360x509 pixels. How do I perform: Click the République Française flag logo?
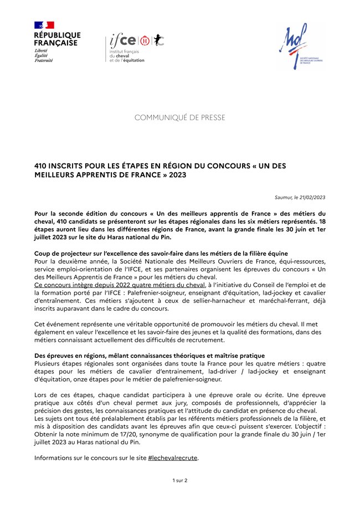tap(44, 25)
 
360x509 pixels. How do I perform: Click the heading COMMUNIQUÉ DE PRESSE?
tap(180, 117)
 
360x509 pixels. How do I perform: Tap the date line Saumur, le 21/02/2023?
tap(300, 197)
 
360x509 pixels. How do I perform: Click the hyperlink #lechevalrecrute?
tap(173, 458)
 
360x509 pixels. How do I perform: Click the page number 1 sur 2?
tap(180, 480)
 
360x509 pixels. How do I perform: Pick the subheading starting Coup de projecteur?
tap(161, 253)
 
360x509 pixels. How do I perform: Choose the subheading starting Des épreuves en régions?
tap(150, 355)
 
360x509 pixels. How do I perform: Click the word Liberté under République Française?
tap(41, 50)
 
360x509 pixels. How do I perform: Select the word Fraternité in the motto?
tap(44, 60)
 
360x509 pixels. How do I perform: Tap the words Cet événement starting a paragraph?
tap(54, 323)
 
